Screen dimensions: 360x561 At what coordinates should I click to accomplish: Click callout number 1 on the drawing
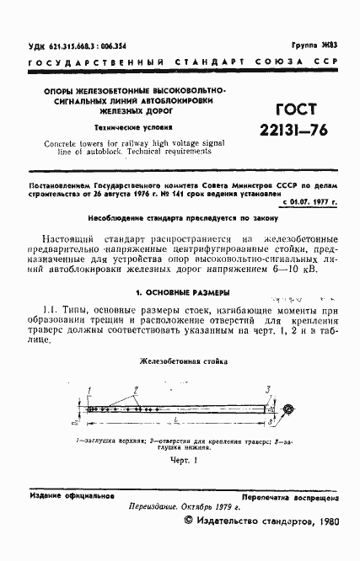[89, 388]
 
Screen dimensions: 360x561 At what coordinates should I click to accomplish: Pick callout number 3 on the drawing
[267, 388]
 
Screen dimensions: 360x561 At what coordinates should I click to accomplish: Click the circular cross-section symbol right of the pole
[288, 410]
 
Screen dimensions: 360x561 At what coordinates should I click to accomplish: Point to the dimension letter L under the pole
[174, 419]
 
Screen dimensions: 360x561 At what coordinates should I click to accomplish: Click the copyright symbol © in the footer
[188, 522]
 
